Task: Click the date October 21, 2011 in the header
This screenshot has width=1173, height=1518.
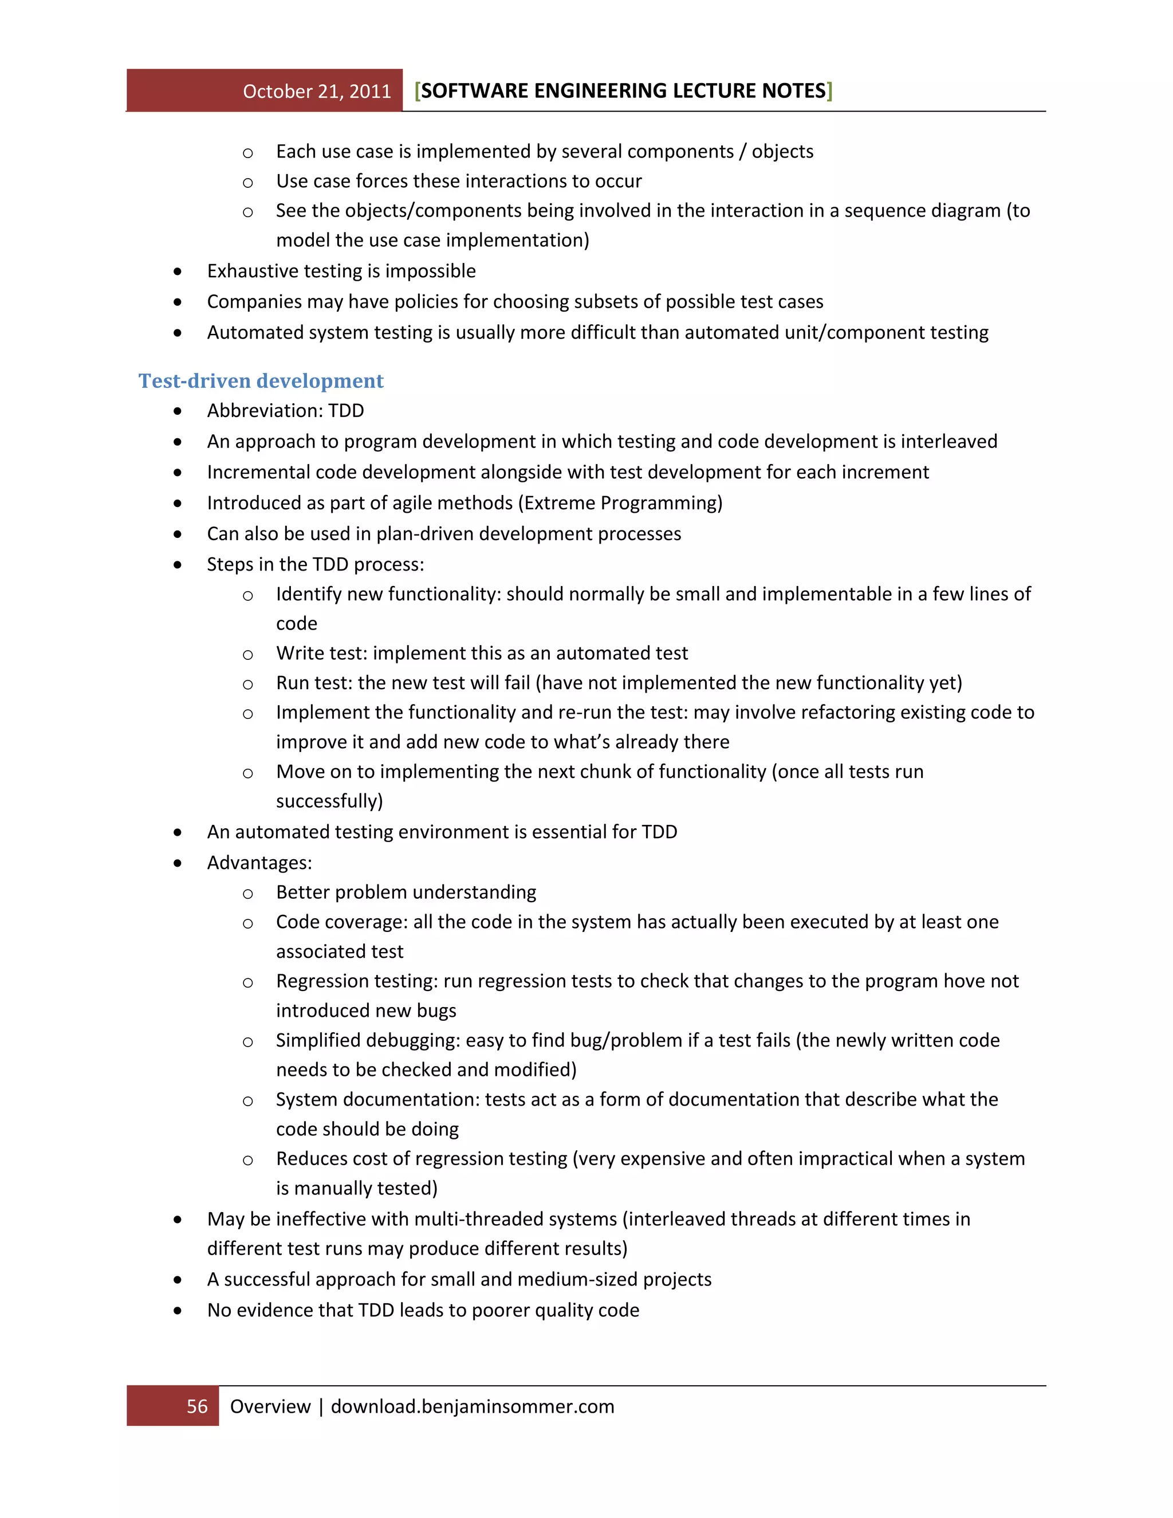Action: (317, 92)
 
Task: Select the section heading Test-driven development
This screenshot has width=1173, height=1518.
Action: (261, 381)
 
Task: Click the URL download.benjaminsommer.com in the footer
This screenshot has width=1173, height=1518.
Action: (473, 1406)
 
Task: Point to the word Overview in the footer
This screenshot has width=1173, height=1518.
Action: (270, 1406)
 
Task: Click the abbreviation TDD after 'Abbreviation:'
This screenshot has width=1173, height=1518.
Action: (346, 411)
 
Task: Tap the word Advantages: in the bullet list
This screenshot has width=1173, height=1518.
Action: (259, 863)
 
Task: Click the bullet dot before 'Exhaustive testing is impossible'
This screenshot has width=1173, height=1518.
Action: (178, 272)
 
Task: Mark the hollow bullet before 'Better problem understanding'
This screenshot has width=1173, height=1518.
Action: (247, 894)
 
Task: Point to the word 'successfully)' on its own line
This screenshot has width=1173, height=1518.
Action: (329, 801)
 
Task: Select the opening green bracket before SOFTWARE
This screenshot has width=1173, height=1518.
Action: (417, 91)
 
